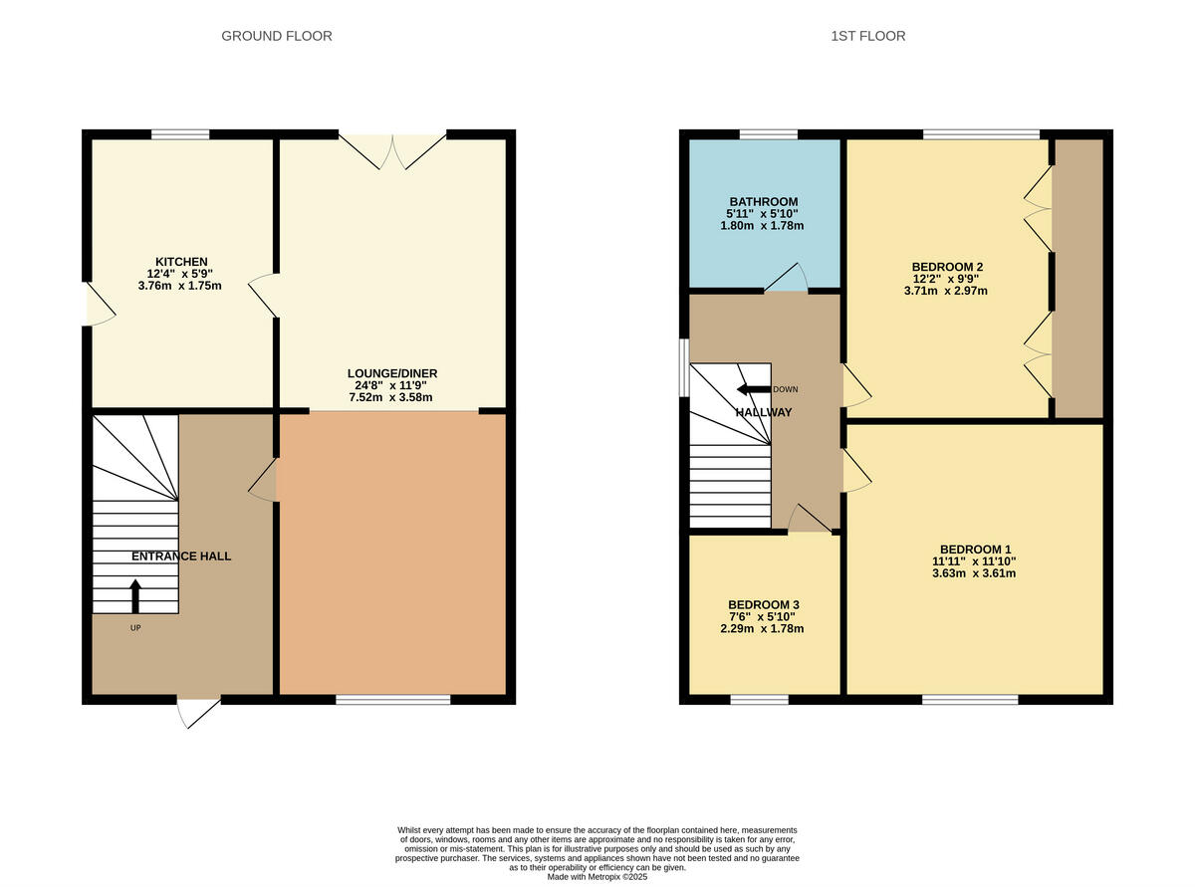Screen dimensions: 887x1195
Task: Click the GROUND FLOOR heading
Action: pyautogui.click(x=276, y=36)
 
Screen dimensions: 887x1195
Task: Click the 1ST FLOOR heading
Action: pyautogui.click(x=867, y=36)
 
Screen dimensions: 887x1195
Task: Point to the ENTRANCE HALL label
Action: pyautogui.click(x=180, y=555)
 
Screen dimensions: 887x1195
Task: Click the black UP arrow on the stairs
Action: pyautogui.click(x=135, y=595)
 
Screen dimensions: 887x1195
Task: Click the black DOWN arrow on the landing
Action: pyautogui.click(x=753, y=389)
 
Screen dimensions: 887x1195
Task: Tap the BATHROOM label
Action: pyautogui.click(x=762, y=202)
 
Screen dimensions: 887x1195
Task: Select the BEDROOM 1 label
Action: pyautogui.click(x=975, y=549)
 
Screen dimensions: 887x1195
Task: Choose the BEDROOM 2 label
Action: pyautogui.click(x=946, y=267)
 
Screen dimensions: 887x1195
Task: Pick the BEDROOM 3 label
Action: pyautogui.click(x=763, y=604)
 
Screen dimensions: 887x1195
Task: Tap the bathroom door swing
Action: pyautogui.click(x=787, y=279)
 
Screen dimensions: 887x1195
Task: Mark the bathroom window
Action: pyautogui.click(x=768, y=134)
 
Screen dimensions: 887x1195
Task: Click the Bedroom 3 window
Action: pyautogui.click(x=759, y=700)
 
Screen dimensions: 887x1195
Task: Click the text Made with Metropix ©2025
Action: pyautogui.click(x=597, y=877)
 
